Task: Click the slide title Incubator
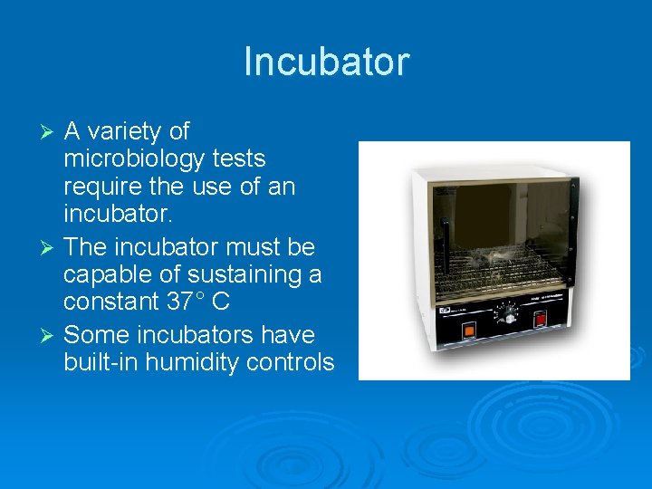coord(326,62)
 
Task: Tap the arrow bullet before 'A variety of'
coord(51,132)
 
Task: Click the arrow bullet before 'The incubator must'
coord(51,246)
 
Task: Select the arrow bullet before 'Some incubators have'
coord(51,336)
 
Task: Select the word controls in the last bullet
coord(292,363)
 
